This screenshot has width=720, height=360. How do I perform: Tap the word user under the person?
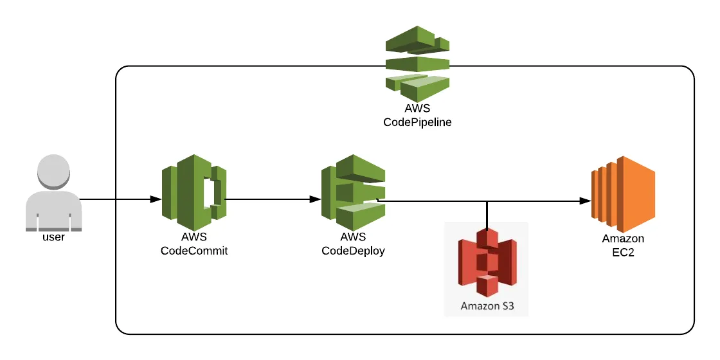(x=53, y=237)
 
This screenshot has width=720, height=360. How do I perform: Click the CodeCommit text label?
(x=194, y=251)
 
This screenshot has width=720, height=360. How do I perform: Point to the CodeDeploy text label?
(x=353, y=251)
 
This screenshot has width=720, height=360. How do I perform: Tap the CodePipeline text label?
(x=417, y=121)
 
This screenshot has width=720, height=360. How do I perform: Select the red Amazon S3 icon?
(x=487, y=261)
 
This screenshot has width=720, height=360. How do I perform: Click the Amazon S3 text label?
(x=487, y=306)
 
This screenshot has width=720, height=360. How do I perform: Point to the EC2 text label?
(x=622, y=251)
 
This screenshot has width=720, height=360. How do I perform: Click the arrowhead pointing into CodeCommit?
(x=155, y=199)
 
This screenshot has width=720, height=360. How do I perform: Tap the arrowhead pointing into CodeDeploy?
(x=316, y=199)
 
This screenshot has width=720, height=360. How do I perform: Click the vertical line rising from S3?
(x=487, y=215)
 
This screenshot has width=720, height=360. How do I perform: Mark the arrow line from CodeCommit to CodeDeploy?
(x=270, y=199)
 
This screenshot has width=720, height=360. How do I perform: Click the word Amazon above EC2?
(x=622, y=239)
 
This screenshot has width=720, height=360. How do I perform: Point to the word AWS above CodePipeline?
(x=417, y=109)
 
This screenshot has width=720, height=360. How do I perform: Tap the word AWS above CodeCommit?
(x=194, y=239)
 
